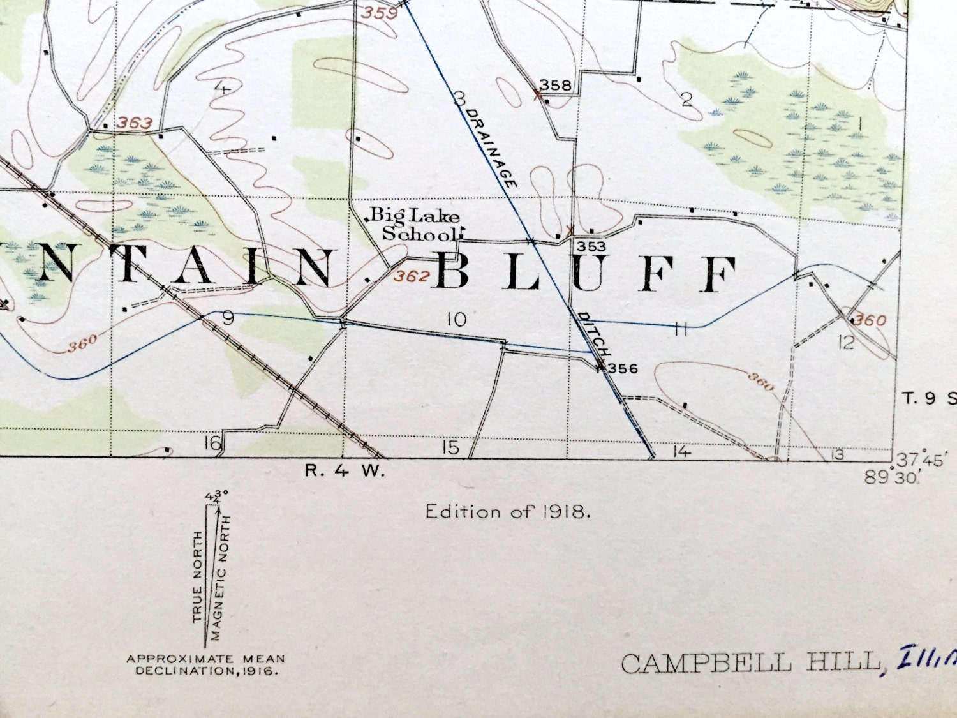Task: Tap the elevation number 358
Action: click(x=555, y=85)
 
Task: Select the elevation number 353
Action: click(x=590, y=246)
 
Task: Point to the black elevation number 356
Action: click(x=622, y=368)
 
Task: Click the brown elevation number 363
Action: click(x=135, y=123)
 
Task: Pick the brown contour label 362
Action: click(x=412, y=276)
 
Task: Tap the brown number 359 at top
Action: click(x=380, y=12)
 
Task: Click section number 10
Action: click(x=457, y=319)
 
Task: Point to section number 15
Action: click(x=450, y=447)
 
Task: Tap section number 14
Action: click(x=681, y=452)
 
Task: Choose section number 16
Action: click(x=212, y=442)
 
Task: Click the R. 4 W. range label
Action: click(x=345, y=472)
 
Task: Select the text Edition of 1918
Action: click(x=508, y=511)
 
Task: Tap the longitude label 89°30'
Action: click(x=891, y=477)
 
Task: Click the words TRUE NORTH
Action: click(x=198, y=576)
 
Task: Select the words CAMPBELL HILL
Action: click(x=750, y=663)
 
